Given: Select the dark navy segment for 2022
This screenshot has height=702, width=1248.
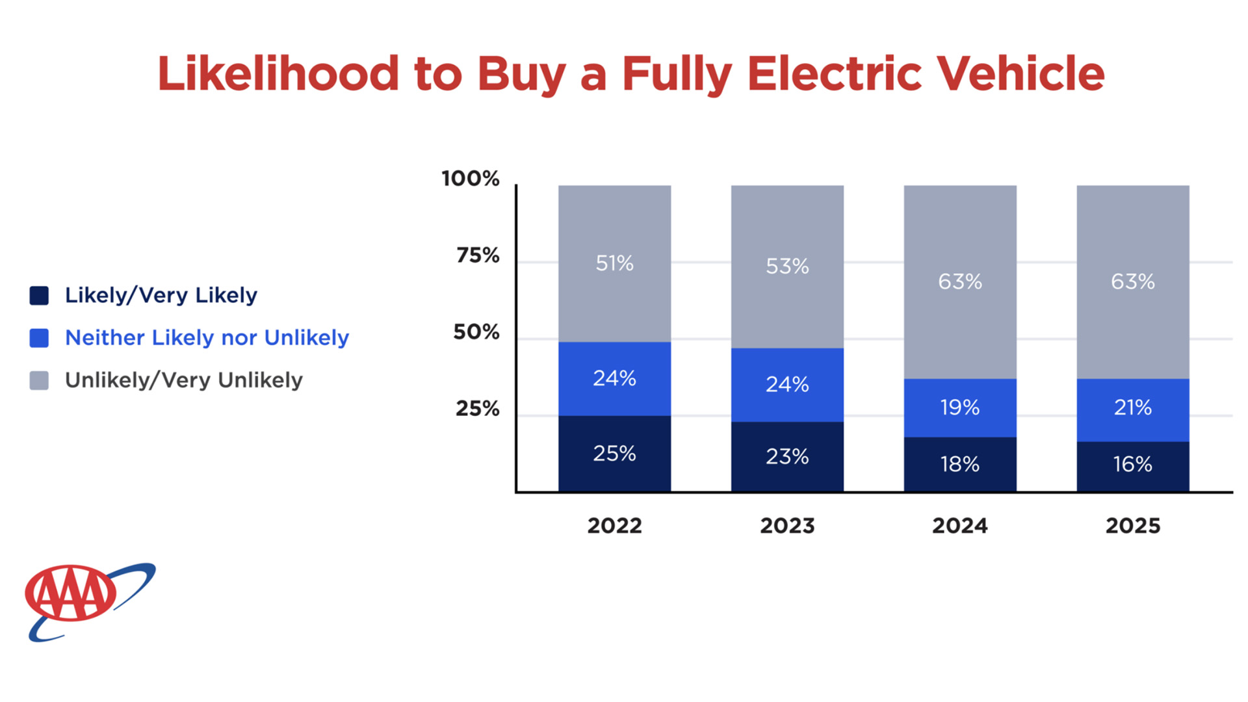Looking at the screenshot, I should click(x=614, y=454).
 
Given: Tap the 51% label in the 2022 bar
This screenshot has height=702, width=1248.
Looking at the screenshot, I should click(x=614, y=263).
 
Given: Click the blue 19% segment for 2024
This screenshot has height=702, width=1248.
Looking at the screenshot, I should click(x=960, y=408).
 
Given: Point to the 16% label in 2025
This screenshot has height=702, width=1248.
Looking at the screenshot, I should click(x=1132, y=464).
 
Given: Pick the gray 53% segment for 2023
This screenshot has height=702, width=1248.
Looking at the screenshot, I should click(x=787, y=266).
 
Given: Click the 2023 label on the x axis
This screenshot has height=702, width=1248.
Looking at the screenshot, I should click(x=787, y=525).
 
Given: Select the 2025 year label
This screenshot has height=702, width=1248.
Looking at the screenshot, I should click(x=1132, y=525).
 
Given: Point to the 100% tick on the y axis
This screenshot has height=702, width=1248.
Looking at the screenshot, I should click(x=471, y=178).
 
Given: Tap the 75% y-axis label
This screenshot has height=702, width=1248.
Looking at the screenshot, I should click(x=478, y=255).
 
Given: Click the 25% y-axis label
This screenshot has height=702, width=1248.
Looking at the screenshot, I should click(x=478, y=409).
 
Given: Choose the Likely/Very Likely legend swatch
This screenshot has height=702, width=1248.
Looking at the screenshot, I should click(x=39, y=296).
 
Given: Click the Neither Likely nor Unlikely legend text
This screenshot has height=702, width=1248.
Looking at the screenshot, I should click(x=207, y=338).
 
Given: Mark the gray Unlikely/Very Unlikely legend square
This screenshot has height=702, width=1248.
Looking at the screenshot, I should click(x=39, y=380).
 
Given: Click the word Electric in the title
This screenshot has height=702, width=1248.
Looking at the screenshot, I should click(x=834, y=73).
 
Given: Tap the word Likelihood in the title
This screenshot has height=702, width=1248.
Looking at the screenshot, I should click(x=278, y=73).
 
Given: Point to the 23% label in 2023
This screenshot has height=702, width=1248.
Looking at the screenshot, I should click(x=787, y=456).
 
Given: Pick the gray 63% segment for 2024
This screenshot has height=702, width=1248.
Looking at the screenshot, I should click(x=960, y=281).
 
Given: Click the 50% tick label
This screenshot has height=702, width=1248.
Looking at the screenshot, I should click(x=476, y=332).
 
